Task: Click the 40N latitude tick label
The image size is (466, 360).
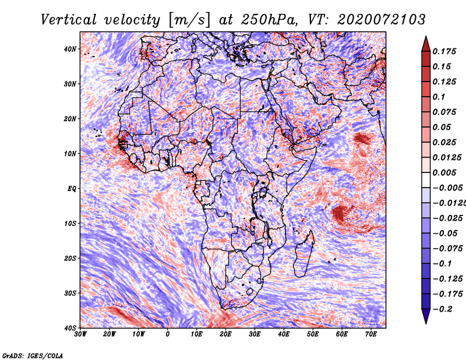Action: coord(70,49)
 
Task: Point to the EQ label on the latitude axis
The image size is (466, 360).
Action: coord(72,189)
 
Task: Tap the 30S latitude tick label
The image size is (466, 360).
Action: coord(70,294)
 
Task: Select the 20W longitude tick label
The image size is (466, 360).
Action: coord(110,334)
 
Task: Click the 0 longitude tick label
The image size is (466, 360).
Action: coord(168,334)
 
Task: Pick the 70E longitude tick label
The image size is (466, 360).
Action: coord(370,334)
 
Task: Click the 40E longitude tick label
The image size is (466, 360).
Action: coord(284,334)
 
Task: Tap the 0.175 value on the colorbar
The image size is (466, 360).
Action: coord(444,51)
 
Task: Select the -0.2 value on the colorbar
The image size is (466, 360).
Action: coord(443,309)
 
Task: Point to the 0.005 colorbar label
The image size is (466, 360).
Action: coord(444,172)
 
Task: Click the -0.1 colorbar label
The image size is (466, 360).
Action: coord(443,264)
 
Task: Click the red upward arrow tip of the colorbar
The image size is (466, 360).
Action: coord(426,37)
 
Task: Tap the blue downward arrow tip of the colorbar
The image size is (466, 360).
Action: coord(426,323)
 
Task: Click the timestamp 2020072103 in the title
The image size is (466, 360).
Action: coord(381,20)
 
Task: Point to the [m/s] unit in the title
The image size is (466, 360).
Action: coord(189,20)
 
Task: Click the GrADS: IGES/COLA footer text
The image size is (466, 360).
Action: coord(33,356)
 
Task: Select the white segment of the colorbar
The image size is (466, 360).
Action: coord(426,180)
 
